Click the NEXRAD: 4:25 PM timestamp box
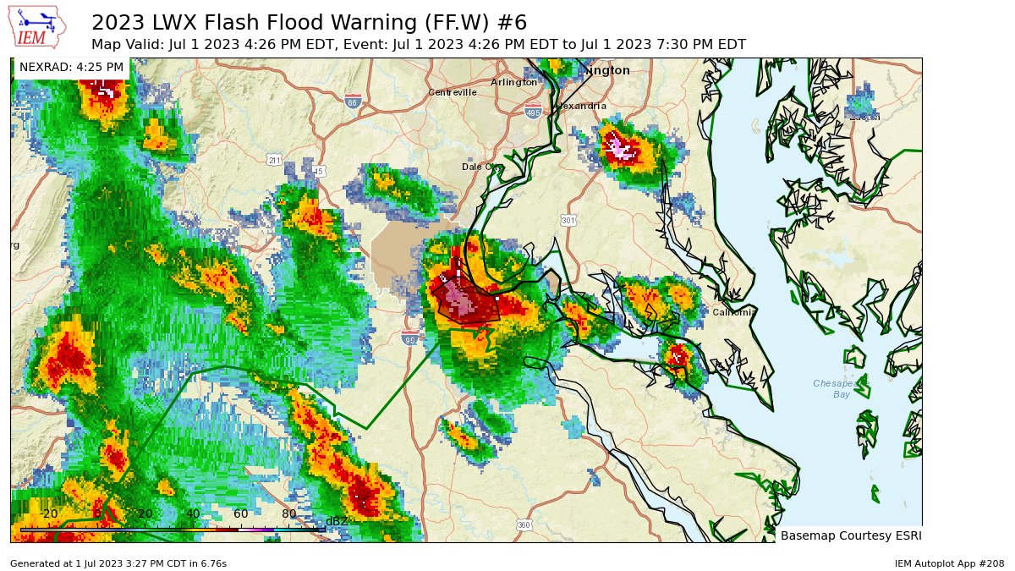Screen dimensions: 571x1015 [71, 66]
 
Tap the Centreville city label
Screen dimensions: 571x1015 [453, 92]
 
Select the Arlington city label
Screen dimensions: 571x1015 [513, 82]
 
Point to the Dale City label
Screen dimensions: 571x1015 [482, 167]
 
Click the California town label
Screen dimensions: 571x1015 [733, 312]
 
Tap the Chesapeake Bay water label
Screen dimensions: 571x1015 [841, 388]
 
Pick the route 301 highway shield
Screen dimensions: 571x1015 [568, 221]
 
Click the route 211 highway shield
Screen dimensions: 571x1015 [274, 159]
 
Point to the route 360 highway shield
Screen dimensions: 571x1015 [524, 525]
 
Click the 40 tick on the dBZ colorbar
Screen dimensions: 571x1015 [193, 513]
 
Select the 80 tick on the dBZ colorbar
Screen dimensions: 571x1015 [288, 513]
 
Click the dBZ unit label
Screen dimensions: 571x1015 [337, 521]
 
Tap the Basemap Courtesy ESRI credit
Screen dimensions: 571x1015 [850, 535]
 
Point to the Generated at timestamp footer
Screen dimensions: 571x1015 [118, 563]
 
